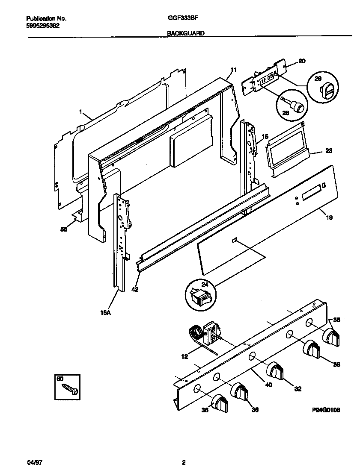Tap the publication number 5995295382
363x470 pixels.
[x=43, y=25]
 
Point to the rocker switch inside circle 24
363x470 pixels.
[x=200, y=295]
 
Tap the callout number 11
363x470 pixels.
[x=233, y=70]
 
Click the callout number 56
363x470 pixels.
[x=64, y=229]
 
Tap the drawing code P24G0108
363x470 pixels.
[x=326, y=410]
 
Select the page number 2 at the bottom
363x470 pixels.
[x=184, y=462]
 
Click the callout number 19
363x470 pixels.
[x=329, y=217]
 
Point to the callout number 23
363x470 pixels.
[x=328, y=150]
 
